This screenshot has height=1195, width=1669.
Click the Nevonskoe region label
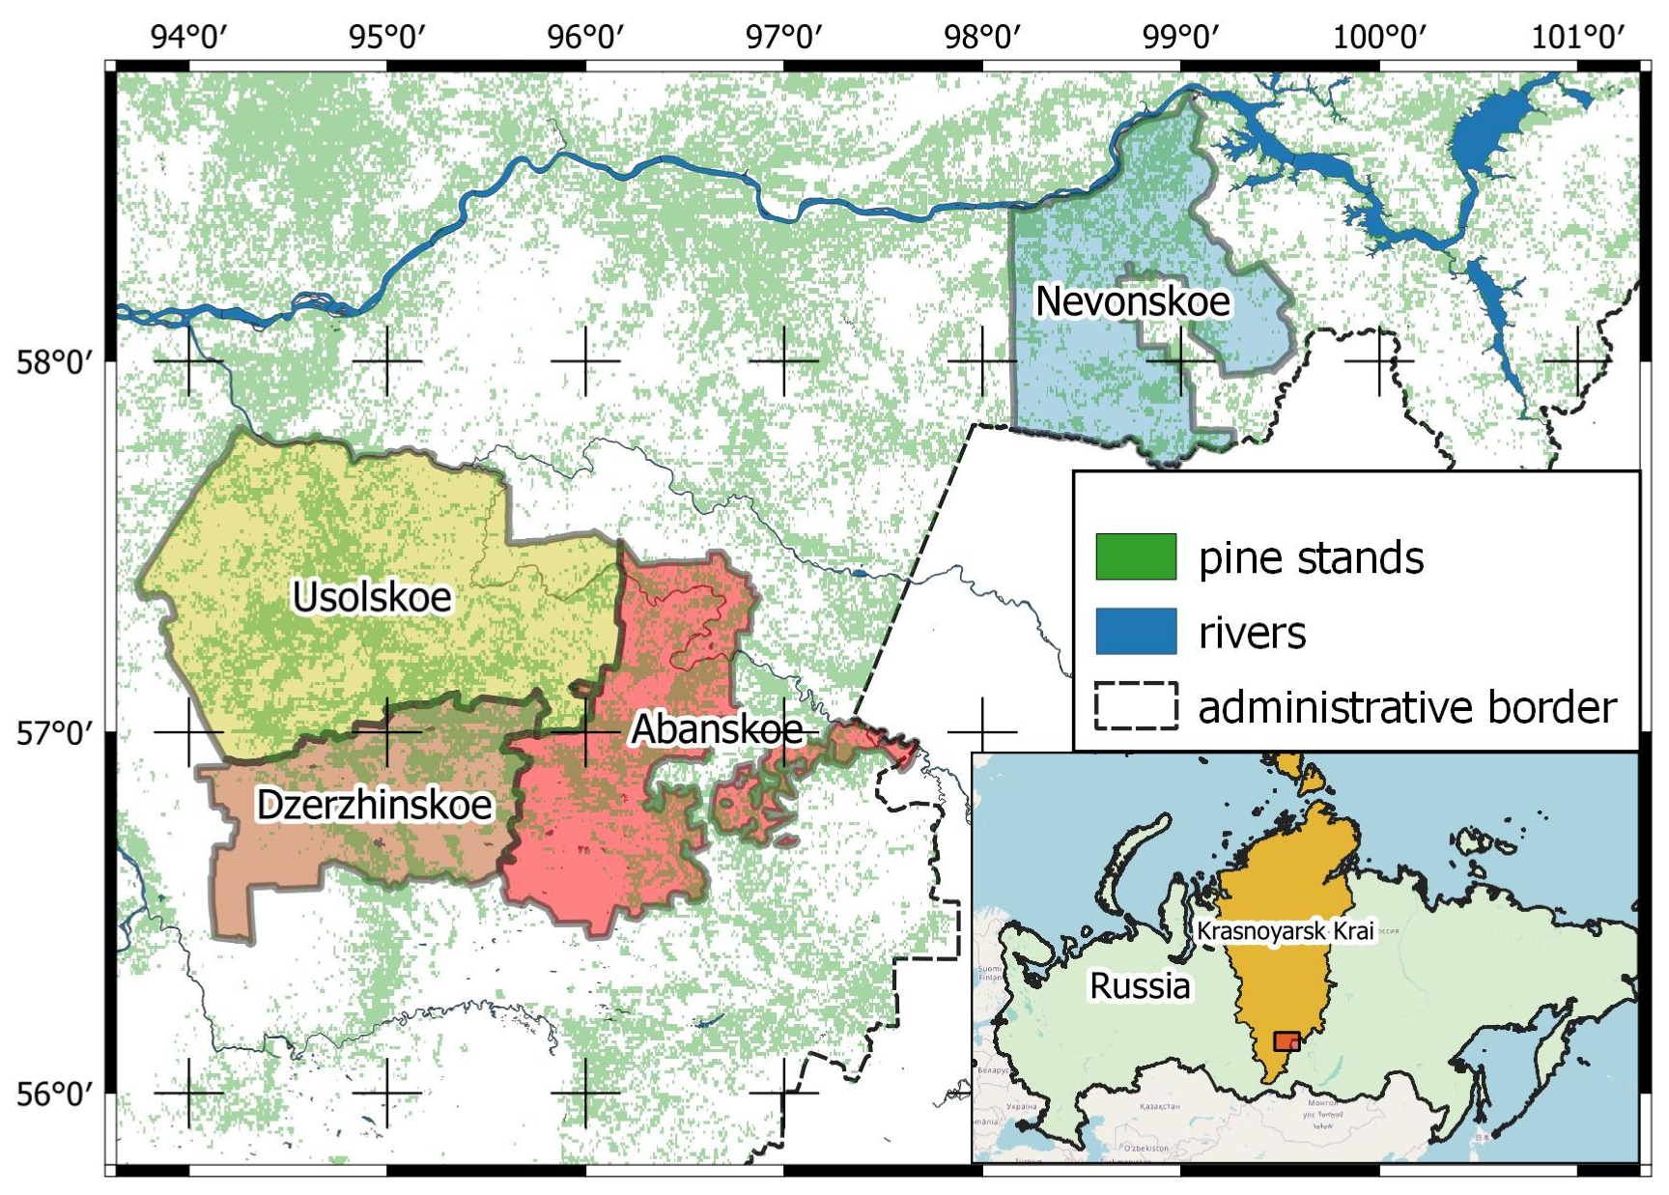pyautogui.click(x=1132, y=301)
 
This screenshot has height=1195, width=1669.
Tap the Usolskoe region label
pyautogui.click(x=372, y=597)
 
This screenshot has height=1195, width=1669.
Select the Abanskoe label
pyautogui.click(x=716, y=728)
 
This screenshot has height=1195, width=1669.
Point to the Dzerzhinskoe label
pyautogui.click(x=374, y=804)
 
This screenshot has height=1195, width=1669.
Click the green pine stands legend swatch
pyautogui.click(x=1136, y=556)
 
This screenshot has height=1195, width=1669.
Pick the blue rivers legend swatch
pyautogui.click(x=1136, y=631)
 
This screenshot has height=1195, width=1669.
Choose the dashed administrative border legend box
pyautogui.click(x=1136, y=705)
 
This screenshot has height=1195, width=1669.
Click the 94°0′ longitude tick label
pyautogui.click(x=189, y=37)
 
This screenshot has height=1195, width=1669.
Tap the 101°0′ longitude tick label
pyautogui.click(x=1578, y=37)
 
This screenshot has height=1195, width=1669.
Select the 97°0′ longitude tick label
pyautogui.click(x=783, y=37)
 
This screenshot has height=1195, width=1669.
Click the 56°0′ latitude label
pyautogui.click(x=55, y=1095)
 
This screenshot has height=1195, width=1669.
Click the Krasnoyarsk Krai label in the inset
pyautogui.click(x=1285, y=931)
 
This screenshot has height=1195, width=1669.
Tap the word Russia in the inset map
pyautogui.click(x=1140, y=985)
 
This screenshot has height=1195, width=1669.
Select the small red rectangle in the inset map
pyautogui.click(x=1286, y=1041)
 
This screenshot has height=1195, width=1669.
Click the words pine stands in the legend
pyautogui.click(x=1311, y=558)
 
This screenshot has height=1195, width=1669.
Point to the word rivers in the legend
pyautogui.click(x=1252, y=634)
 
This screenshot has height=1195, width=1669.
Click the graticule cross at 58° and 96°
pyautogui.click(x=585, y=361)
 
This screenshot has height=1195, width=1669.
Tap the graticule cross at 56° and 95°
pyautogui.click(x=387, y=1094)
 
